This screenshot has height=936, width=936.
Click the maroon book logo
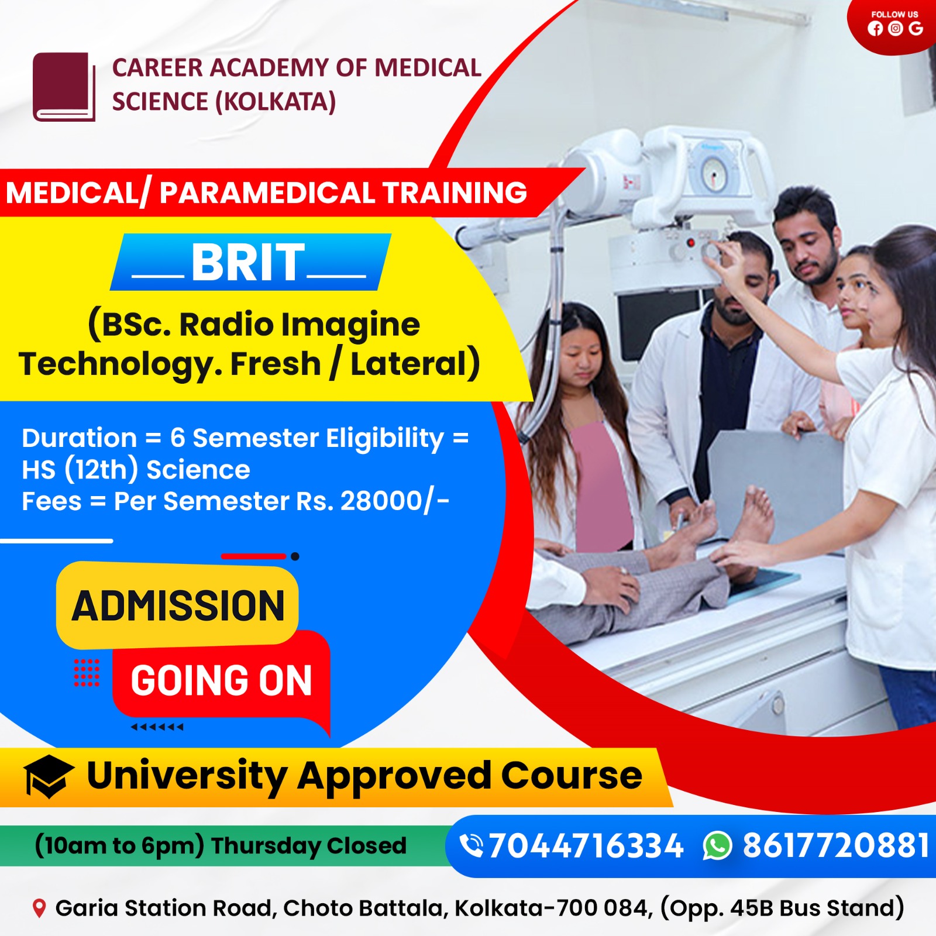click(x=64, y=87)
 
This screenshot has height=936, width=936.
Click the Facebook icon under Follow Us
click(x=875, y=29)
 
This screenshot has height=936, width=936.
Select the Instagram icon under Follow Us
click(x=895, y=29)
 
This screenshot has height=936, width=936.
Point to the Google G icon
click(x=916, y=28)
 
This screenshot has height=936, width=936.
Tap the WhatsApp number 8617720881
click(x=836, y=846)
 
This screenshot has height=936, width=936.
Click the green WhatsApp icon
click(x=717, y=846)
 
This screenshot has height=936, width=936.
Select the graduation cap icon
click(x=49, y=776)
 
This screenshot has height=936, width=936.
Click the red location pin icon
click(x=39, y=909)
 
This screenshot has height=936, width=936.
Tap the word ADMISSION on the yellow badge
click(x=178, y=606)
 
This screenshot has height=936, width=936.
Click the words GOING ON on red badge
click(x=221, y=681)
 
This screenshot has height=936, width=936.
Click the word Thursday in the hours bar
click(x=266, y=846)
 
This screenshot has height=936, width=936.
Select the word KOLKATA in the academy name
click(x=275, y=102)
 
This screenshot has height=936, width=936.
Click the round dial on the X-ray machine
click(x=714, y=174)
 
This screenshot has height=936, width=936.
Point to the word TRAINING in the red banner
click(x=455, y=193)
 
